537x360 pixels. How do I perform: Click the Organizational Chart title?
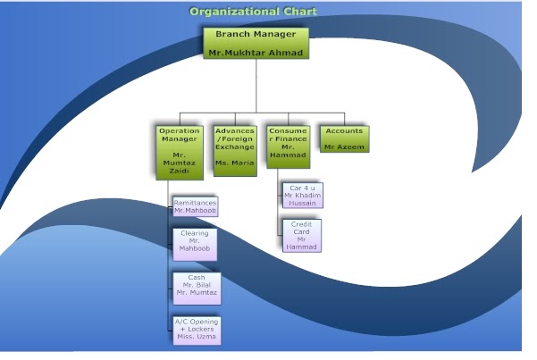(x=254, y=12)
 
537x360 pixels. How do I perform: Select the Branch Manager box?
(x=256, y=43)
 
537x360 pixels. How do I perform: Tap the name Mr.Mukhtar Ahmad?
(x=256, y=54)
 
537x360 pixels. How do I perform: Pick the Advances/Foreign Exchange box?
(x=235, y=147)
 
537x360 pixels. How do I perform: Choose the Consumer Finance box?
(x=288, y=147)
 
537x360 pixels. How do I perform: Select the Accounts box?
(x=344, y=138)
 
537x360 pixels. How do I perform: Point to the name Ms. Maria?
(x=235, y=163)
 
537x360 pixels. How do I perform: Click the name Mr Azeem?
(x=344, y=146)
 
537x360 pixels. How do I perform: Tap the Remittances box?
(x=195, y=206)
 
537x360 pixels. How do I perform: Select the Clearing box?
(x=194, y=243)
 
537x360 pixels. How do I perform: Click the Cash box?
(x=196, y=285)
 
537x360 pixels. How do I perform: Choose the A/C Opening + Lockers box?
(x=196, y=330)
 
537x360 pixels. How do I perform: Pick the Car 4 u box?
(x=302, y=196)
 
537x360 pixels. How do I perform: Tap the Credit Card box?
(x=302, y=235)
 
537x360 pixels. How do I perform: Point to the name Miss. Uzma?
(x=196, y=337)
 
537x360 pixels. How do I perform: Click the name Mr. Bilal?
(x=196, y=285)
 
